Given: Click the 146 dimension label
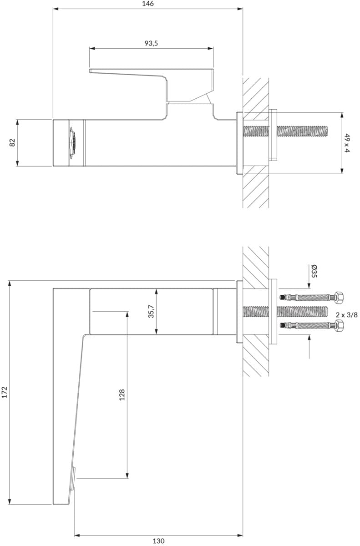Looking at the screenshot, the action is click(x=148, y=4).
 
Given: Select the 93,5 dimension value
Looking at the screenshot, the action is click(x=151, y=43).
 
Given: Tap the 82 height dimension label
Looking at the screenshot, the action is click(x=12, y=142).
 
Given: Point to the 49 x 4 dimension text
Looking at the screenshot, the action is click(x=347, y=143).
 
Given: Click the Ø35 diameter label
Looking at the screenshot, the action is click(x=314, y=271).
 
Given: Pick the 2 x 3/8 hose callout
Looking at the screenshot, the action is click(x=347, y=315).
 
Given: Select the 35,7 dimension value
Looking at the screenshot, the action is click(x=152, y=311).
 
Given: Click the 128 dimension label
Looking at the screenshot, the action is click(x=122, y=394).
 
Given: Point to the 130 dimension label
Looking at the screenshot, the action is click(x=158, y=541).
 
